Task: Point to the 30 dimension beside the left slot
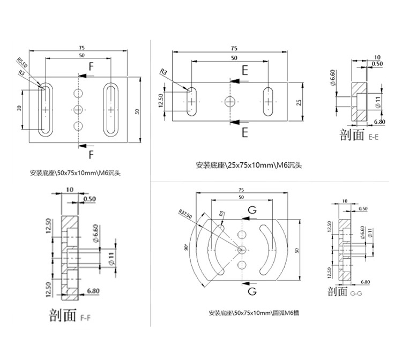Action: (19, 108)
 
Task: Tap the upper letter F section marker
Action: (91, 67)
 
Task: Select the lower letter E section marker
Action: (244, 132)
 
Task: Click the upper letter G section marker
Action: (252, 209)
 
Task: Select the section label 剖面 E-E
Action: (360, 136)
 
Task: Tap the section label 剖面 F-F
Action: (66, 315)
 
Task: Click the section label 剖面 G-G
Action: (345, 292)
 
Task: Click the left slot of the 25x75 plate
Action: (192, 101)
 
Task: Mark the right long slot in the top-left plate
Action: (111, 109)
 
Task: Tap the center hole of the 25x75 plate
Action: (230, 101)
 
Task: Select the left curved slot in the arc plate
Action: (214, 249)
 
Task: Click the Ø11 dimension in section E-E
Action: (378, 102)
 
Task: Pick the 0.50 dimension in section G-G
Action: (363, 208)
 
